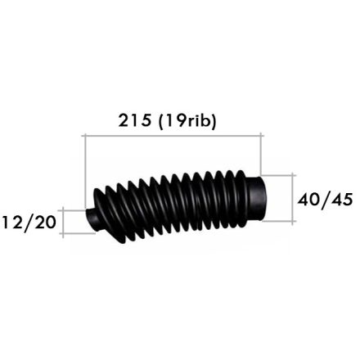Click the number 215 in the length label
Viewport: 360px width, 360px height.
click(x=134, y=120)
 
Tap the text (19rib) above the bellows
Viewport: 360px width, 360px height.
click(x=187, y=121)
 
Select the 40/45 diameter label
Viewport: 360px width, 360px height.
click(x=325, y=200)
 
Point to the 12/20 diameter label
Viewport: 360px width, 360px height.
click(x=29, y=223)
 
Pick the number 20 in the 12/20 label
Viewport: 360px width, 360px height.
click(x=44, y=222)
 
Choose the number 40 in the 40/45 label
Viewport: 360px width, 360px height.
click(x=308, y=200)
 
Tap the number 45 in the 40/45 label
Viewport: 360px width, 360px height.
click(x=342, y=200)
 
